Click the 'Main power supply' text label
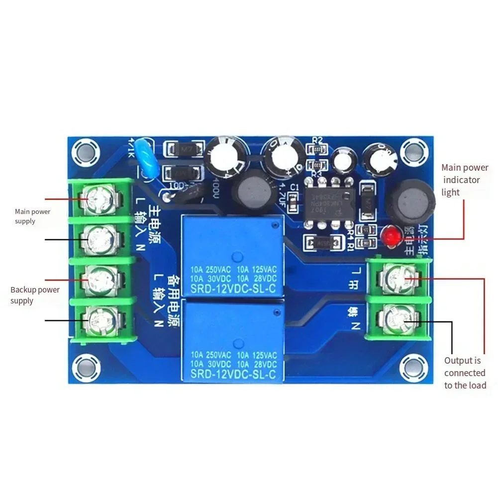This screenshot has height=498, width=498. click(x=32, y=216)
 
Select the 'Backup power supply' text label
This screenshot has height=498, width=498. click(x=35, y=295)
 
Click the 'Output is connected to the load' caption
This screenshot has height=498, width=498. click(x=465, y=373)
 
